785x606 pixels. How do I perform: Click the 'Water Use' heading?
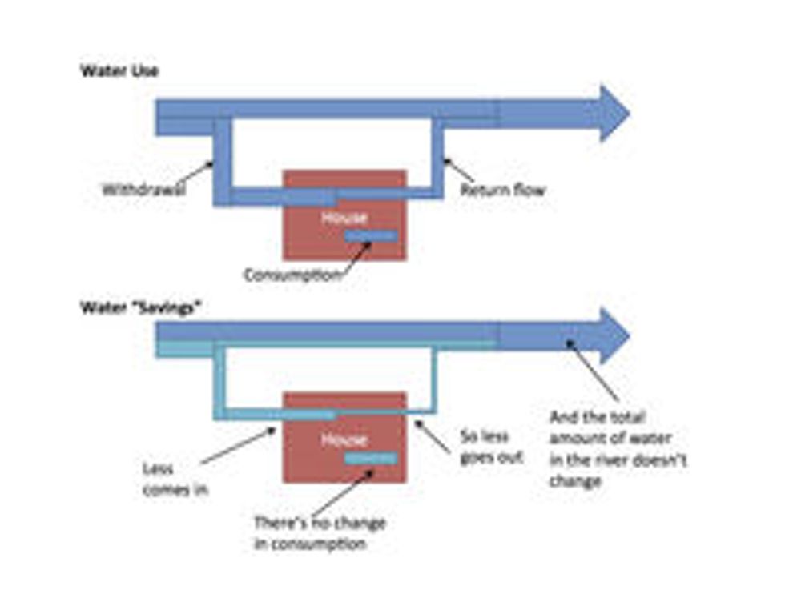point(119,70)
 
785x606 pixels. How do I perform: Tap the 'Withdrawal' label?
point(143,191)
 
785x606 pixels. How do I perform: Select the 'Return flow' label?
point(502,191)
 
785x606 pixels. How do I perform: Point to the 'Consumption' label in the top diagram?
point(292,275)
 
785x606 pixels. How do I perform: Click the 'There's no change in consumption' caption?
point(319,533)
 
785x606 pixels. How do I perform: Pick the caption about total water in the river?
point(617,449)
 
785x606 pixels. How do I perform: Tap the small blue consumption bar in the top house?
point(370,235)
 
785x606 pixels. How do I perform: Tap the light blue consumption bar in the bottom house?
point(370,458)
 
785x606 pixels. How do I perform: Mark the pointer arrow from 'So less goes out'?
point(436,436)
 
